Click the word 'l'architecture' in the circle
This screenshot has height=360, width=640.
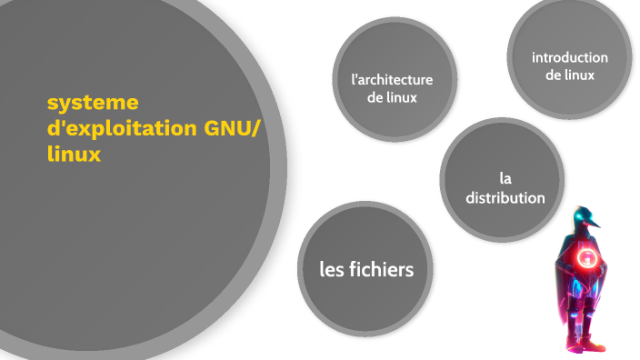[x=392, y=79]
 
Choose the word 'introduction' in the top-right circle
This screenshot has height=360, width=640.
[x=570, y=57]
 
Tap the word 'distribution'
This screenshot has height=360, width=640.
[x=505, y=197]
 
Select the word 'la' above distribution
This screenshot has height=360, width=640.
[x=505, y=177]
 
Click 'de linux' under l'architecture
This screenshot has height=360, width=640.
[x=392, y=97]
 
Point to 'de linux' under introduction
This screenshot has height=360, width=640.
[x=570, y=75]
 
